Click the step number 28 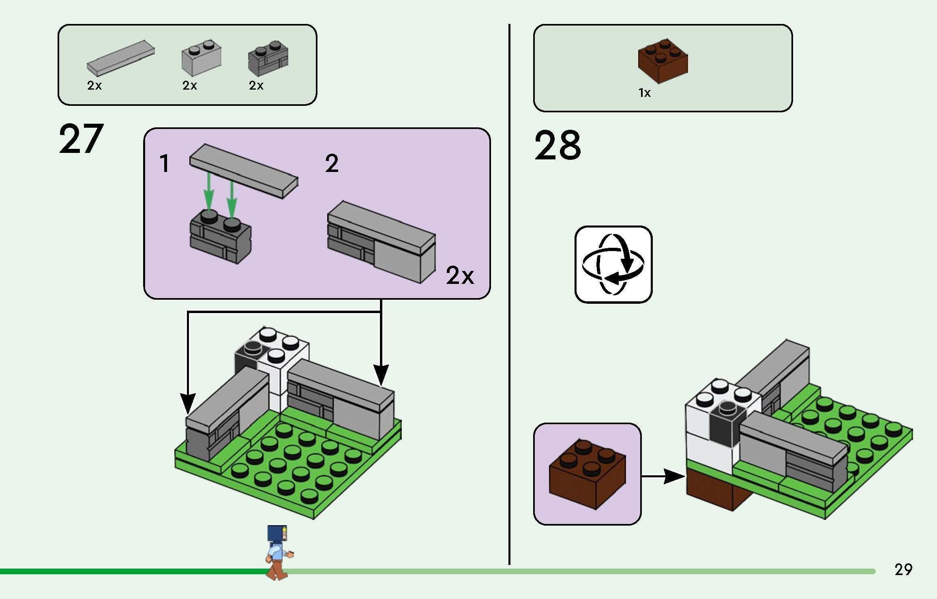557,145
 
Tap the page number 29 903,569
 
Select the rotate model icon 613,264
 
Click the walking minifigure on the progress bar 278,552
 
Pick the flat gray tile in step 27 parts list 120,58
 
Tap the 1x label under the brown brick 644,93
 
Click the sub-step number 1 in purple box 164,164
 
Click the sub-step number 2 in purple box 332,164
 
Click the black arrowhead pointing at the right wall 380,375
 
